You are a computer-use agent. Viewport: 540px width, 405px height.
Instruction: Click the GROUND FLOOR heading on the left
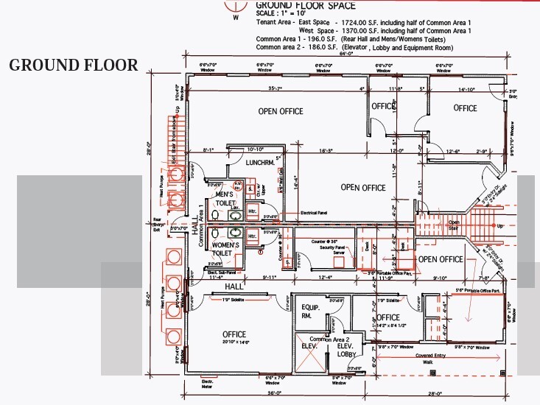point(73,65)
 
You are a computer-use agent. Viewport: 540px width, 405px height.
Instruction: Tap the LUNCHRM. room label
point(260,162)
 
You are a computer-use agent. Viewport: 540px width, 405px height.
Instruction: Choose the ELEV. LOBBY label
point(347,350)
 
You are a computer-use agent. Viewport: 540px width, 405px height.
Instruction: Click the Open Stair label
point(455,224)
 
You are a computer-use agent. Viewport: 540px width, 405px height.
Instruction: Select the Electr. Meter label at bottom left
point(207,385)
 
